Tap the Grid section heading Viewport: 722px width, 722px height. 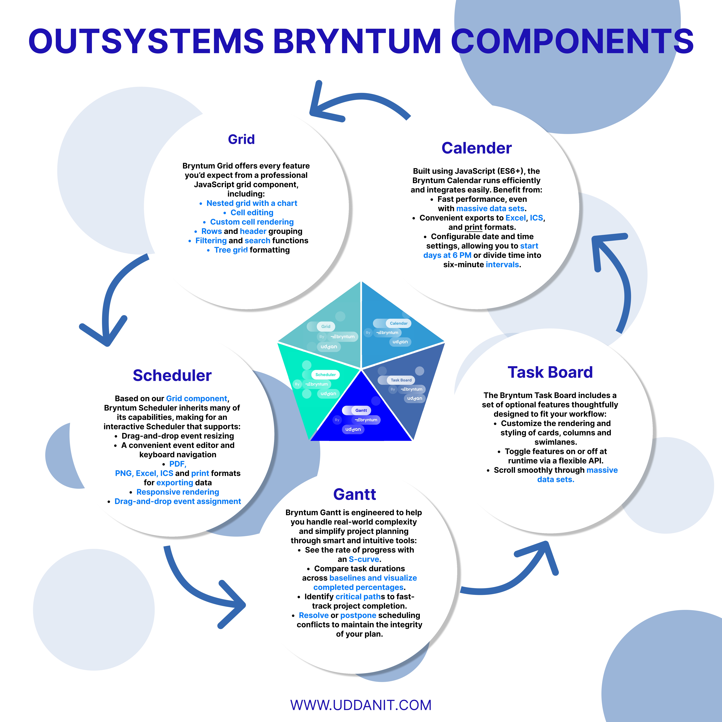pos(241,139)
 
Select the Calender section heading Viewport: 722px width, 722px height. pos(477,148)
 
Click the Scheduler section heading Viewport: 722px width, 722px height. pos(172,375)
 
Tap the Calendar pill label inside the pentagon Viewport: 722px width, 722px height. pos(398,323)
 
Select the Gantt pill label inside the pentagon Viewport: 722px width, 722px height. pos(361,410)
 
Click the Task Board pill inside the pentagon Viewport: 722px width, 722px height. pos(401,380)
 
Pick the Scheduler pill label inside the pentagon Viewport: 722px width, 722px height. pos(325,375)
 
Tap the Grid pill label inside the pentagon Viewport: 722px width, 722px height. pos(325,326)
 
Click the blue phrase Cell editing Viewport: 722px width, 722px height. pos(252,213)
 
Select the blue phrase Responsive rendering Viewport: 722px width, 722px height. pos(178,492)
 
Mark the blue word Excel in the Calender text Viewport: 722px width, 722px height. pos(515,218)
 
